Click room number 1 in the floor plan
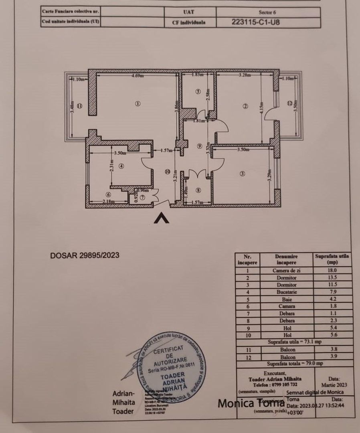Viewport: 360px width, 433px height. (138, 104)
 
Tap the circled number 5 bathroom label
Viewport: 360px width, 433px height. (198, 91)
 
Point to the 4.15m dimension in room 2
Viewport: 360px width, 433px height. (262, 107)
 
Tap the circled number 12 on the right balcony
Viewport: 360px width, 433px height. (290, 103)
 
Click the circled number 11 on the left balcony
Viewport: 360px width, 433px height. (79, 106)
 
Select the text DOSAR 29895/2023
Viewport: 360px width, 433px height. (85, 255)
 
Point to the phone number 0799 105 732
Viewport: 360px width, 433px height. (280, 384)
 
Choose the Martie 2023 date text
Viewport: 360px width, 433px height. (334, 384)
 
